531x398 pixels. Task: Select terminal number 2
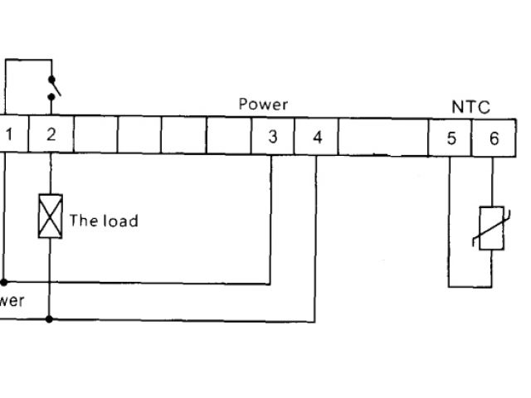51,135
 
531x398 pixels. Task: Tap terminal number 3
272,137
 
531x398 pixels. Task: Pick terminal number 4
317,137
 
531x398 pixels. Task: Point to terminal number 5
451,138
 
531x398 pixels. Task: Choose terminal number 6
494,138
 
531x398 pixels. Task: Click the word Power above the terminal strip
263,104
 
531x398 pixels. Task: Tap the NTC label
470,107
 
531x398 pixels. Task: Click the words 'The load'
103,221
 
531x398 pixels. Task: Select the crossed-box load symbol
51,217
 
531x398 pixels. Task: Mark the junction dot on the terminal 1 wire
4,283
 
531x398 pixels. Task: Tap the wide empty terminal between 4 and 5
382,138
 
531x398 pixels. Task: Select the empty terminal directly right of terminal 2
95,135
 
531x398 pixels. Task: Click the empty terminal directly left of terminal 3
228,136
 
